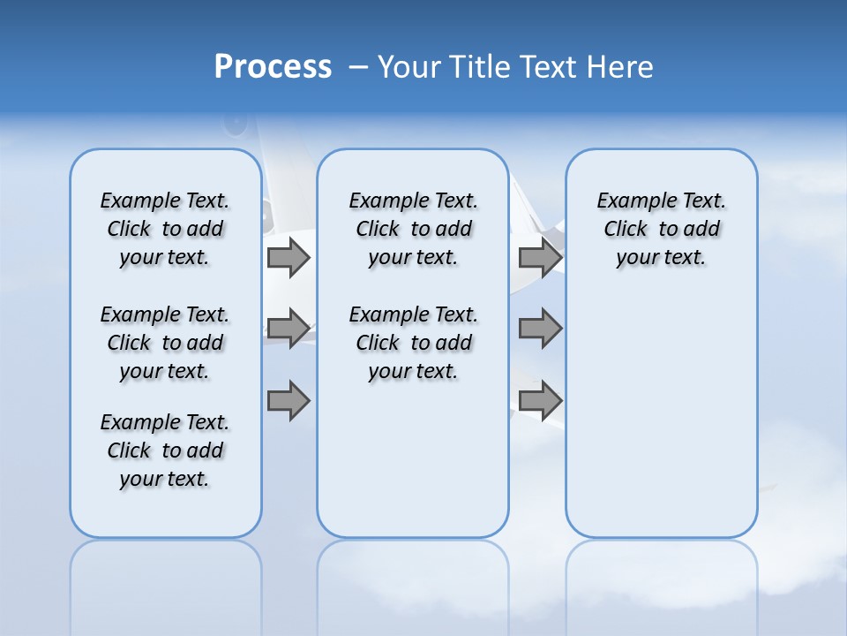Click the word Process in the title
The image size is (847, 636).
coord(273,66)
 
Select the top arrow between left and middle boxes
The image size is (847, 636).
coord(288,257)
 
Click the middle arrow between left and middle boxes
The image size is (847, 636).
coord(288,329)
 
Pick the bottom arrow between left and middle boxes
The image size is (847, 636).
coord(288,401)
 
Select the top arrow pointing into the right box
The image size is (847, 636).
coord(540,257)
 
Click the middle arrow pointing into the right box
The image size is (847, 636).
coord(540,329)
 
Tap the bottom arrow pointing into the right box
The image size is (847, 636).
coord(540,401)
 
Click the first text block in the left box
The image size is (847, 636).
coord(165,229)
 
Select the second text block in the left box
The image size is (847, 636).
coord(165,343)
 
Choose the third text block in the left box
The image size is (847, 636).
coord(165,450)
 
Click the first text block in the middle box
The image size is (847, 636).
coord(413,229)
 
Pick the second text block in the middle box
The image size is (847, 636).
coord(413,343)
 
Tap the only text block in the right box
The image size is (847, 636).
coord(661,229)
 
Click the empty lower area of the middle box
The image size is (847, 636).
coord(413,459)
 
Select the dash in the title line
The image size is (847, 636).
coord(358,67)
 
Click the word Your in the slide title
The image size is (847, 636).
coord(409,67)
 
